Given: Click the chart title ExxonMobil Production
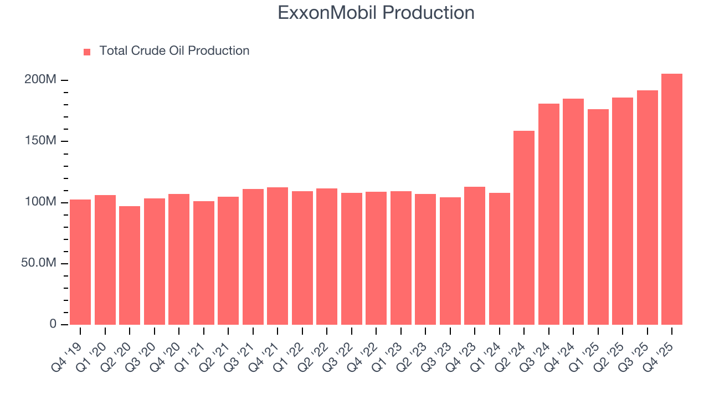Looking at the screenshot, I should [x=376, y=13].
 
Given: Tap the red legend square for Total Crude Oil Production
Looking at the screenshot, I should [x=87, y=52].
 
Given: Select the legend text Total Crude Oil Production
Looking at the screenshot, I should [x=174, y=51].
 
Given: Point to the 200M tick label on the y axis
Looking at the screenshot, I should [x=40, y=80].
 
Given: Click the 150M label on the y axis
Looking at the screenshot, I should [x=40, y=141].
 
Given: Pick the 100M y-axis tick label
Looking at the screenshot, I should [x=40, y=202].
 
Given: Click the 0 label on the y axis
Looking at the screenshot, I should [x=53, y=324].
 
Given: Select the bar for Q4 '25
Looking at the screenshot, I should [x=671, y=199].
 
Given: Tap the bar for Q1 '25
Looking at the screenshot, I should [x=598, y=216].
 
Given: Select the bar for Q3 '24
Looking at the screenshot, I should [x=548, y=214].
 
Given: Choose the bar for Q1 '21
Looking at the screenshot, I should [x=203, y=263].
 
